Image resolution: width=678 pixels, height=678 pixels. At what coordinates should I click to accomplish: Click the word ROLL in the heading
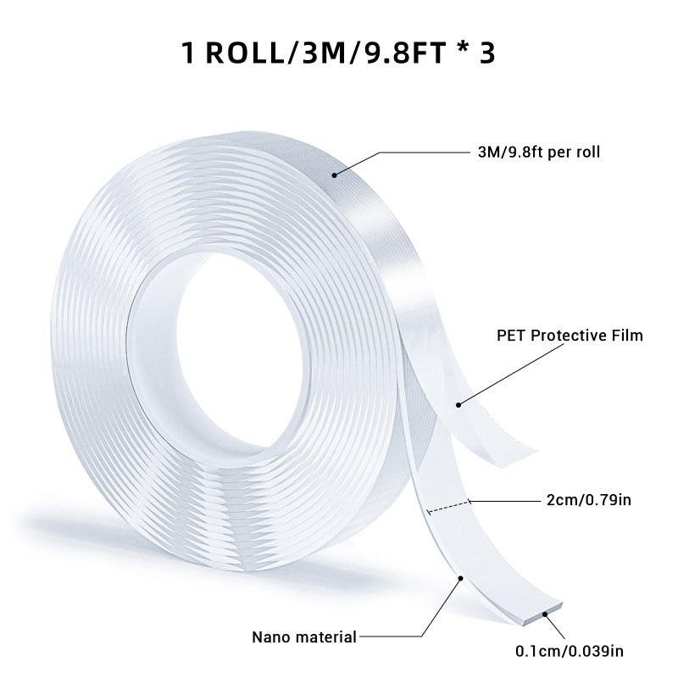(x=244, y=53)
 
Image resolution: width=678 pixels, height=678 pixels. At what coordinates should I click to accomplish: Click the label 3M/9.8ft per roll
(x=539, y=153)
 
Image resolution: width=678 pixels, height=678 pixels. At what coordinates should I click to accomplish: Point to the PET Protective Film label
(x=570, y=336)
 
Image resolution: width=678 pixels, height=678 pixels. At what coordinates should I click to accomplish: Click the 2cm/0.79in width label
(x=589, y=500)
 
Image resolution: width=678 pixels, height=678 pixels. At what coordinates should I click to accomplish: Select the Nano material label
(x=304, y=637)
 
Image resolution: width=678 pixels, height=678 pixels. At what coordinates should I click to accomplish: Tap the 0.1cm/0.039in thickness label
(x=570, y=651)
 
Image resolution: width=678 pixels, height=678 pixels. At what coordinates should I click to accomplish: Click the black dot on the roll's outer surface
(x=334, y=175)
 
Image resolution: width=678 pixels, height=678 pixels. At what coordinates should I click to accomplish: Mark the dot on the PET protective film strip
(x=458, y=405)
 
